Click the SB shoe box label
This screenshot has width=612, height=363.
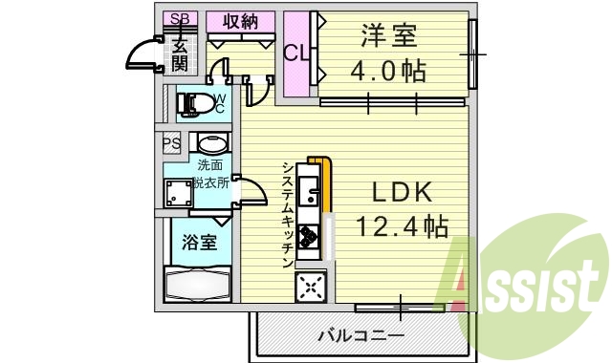pos(178,20)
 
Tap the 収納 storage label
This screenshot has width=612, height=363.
pos(241,20)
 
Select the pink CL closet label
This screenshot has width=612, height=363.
pos(296,53)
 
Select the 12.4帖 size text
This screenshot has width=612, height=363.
pos(403,226)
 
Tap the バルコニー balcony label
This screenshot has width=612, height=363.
pos(361,335)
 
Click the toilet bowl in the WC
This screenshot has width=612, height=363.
pos(194,104)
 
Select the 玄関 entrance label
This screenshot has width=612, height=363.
pos(179,53)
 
